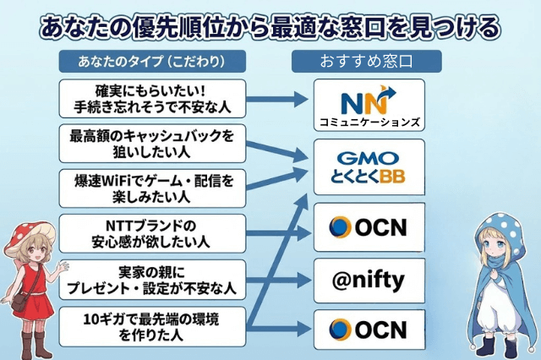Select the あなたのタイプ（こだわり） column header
coord(152,62)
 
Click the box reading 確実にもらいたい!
coord(153,98)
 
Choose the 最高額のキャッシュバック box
coord(153,143)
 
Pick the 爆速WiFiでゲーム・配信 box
coord(153,188)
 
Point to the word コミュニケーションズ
coord(369,121)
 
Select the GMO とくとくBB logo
coord(369,166)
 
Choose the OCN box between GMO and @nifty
coord(369,226)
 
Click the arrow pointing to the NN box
coord(278,99)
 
